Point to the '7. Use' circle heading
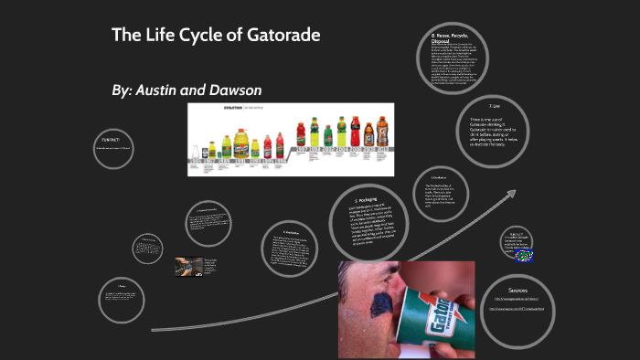tap(495, 106)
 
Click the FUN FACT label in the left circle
tap(111, 140)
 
